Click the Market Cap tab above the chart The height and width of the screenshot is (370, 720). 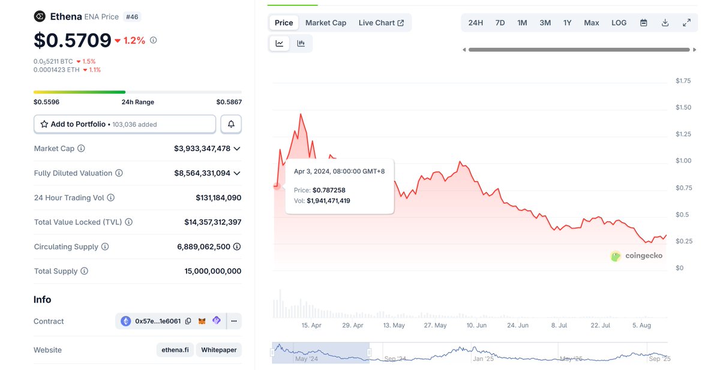326,23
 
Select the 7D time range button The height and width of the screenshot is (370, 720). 500,23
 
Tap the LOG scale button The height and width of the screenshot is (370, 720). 619,23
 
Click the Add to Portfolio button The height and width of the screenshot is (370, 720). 124,124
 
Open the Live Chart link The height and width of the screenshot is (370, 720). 381,23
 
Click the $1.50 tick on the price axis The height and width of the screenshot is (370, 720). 683,107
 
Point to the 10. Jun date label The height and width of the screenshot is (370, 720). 476,325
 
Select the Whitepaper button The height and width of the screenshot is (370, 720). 218,350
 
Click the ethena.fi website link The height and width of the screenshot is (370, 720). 175,350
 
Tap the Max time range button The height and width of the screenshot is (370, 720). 592,23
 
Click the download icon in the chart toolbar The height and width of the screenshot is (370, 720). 665,23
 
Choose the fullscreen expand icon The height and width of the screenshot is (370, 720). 686,23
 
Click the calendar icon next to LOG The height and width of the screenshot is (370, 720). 644,23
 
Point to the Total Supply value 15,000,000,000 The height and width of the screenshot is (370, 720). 212,271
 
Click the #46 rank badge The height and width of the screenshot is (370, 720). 132,17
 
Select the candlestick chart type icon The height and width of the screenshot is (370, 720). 301,43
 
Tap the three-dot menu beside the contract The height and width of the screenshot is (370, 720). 234,321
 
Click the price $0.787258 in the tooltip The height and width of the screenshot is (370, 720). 329,190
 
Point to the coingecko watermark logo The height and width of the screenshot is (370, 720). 637,256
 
